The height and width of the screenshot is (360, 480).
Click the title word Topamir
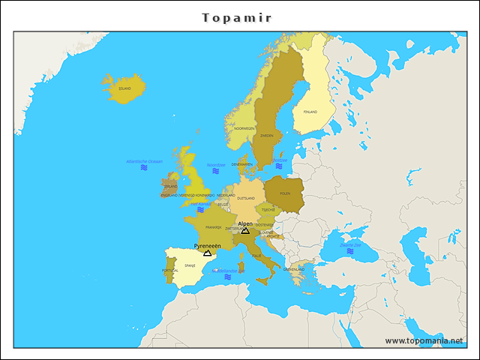pyautogui.click(x=237, y=17)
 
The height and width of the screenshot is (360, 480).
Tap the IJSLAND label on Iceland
pyautogui.click(x=124, y=88)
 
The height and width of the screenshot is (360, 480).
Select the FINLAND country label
pyautogui.click(x=310, y=112)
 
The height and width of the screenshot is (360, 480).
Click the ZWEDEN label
pyautogui.click(x=267, y=136)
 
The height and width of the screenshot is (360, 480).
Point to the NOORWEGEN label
pyautogui.click(x=244, y=128)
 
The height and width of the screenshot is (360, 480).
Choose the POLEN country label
pyautogui.click(x=285, y=193)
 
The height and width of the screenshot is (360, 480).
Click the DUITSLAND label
pyautogui.click(x=246, y=199)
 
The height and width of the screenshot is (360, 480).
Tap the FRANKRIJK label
pyautogui.click(x=213, y=226)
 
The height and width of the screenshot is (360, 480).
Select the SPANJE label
pyautogui.click(x=190, y=265)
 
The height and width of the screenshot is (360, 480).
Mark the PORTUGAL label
pyautogui.click(x=170, y=271)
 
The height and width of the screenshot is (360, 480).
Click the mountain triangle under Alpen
pyautogui.click(x=245, y=230)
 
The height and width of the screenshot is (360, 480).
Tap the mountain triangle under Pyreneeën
pyautogui.click(x=207, y=253)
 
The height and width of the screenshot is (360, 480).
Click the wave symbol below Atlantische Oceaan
pyautogui.click(x=144, y=168)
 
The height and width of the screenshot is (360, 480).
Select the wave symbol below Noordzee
pyautogui.click(x=215, y=172)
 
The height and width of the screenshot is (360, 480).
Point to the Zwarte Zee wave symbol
pyautogui.click(x=350, y=251)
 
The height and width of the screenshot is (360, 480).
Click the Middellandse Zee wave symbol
pyautogui.click(x=227, y=277)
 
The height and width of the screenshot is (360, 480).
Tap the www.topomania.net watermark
pyautogui.click(x=423, y=340)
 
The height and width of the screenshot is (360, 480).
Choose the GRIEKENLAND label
pyautogui.click(x=294, y=268)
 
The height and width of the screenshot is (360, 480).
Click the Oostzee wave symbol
pyautogui.click(x=279, y=166)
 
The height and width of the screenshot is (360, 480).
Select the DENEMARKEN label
pyautogui.click(x=242, y=164)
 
